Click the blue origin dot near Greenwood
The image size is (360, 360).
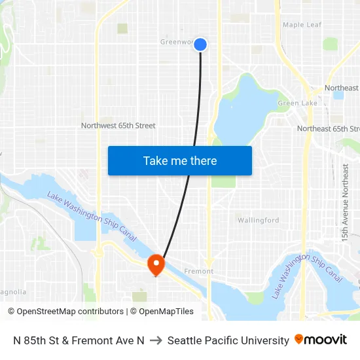(200, 45)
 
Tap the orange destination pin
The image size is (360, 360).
(156, 264)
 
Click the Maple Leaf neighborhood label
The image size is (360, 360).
(302, 25)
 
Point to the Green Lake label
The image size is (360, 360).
(297, 103)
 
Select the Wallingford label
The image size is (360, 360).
(258, 221)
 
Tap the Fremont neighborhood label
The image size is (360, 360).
(199, 271)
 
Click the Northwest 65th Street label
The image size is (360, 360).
(118, 126)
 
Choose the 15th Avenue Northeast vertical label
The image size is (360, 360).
(346, 203)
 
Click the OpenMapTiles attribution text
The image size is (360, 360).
(162, 312)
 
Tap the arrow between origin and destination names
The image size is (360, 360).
(156, 340)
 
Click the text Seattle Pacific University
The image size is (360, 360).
(228, 340)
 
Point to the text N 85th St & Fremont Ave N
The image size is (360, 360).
(79, 340)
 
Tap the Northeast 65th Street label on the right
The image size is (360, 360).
(328, 129)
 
